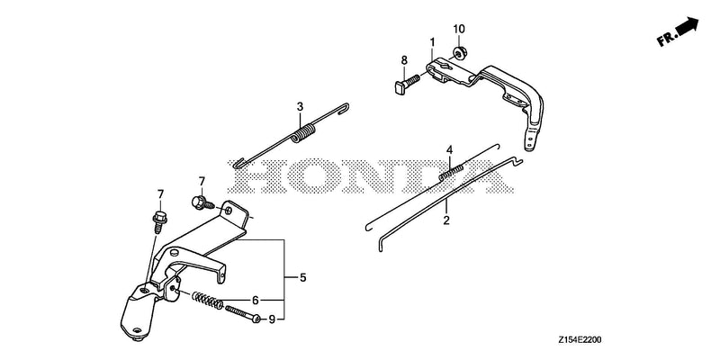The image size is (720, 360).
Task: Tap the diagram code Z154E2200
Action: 580,340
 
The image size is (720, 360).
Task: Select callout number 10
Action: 459,29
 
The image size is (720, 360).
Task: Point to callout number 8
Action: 404,59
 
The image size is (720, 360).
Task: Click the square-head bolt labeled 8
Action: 408,84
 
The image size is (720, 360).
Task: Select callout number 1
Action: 432,42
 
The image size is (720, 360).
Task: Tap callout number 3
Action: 300,107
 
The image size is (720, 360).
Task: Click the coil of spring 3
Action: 303,133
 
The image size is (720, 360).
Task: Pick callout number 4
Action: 449,149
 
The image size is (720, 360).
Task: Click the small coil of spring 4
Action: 451,173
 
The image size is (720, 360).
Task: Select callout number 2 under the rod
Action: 446,220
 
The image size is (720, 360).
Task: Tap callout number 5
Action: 303,277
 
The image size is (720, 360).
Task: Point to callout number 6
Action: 256,300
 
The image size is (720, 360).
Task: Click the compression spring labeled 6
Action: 207,301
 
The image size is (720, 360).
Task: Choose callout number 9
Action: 272,319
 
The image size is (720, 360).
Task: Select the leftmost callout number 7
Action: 160,194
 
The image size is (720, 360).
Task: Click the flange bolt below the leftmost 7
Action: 159,221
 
